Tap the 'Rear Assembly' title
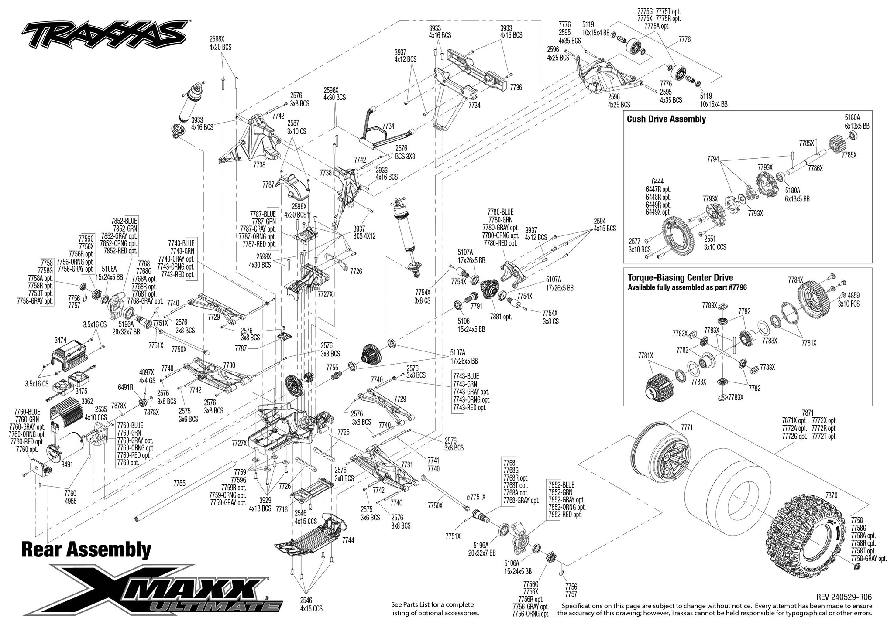point(86,551)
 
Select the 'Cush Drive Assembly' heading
point(666,119)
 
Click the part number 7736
point(516,87)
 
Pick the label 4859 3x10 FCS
point(848,299)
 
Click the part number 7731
point(406,465)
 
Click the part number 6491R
point(125,386)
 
